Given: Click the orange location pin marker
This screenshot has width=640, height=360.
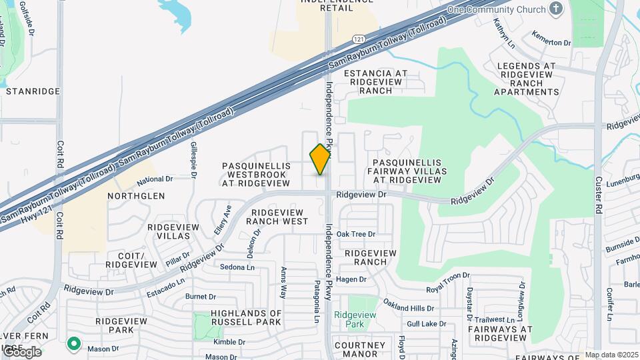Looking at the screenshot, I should pos(321,159).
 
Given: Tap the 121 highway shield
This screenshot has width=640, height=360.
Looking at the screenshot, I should pos(359,40).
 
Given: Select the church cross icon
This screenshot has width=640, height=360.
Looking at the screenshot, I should pos(557,9).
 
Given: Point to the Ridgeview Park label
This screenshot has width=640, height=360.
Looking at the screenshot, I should pos(355,319).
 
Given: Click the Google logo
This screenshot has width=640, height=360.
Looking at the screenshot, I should pos(21,351).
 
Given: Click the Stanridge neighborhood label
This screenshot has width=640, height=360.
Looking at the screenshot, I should pos(33,91).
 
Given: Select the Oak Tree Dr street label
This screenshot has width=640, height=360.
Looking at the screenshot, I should pos(356,234).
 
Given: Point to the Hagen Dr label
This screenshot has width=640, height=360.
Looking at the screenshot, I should pos(352,279).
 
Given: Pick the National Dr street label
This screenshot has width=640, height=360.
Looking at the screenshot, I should pos(155,179).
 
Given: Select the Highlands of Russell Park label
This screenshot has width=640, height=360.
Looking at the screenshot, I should pos(246,318).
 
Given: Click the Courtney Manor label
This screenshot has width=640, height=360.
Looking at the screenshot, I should pos(360,349).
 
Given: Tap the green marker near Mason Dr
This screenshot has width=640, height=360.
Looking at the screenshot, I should pos(73,345).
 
